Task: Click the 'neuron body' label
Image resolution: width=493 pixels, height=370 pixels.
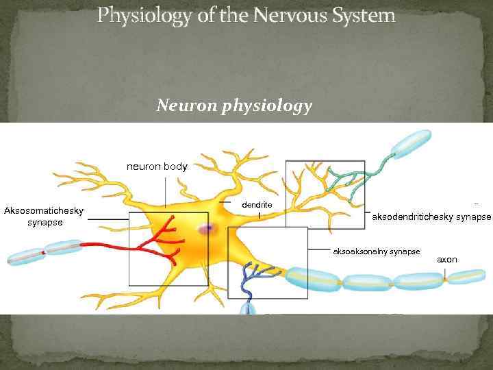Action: (157, 166)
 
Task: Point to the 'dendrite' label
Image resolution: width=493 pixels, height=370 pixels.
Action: (257, 205)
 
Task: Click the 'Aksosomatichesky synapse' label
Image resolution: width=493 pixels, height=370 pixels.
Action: (44, 217)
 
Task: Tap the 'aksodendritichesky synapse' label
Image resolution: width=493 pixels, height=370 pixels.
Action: (431, 217)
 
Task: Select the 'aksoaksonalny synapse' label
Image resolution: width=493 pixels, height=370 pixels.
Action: (376, 251)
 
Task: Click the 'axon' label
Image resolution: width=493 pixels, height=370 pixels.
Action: (447, 260)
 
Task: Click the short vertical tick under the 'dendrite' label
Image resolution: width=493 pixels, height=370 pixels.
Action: (259, 215)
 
